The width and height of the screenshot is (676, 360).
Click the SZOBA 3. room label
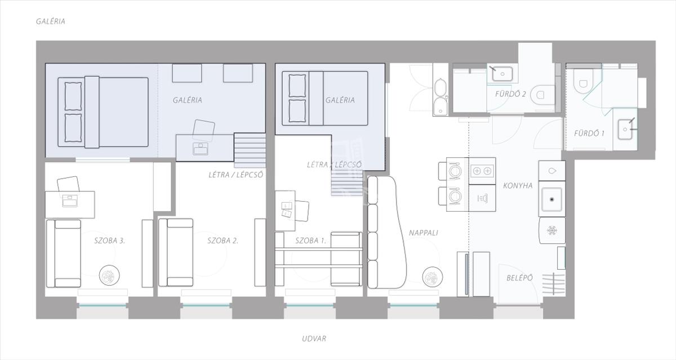109,241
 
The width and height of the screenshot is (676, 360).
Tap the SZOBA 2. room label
223,241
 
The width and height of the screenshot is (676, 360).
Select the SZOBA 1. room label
311,241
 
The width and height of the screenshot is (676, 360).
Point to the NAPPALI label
424,233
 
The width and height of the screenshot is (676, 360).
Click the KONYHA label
518,185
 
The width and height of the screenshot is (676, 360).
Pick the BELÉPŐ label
519,278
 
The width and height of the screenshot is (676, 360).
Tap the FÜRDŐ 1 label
589,134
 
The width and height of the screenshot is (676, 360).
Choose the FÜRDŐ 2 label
510,94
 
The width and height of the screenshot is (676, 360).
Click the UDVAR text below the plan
314,339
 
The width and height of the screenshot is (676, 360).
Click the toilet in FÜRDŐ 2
542,95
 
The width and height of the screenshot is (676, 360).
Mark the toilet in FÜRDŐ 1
582,82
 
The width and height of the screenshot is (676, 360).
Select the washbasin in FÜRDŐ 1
625,130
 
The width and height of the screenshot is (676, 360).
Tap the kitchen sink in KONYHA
552,199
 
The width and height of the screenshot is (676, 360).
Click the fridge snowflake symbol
552,231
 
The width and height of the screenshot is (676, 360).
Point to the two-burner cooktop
482,171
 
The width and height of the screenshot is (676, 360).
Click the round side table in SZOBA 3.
109,275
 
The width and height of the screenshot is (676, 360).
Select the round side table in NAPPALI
433,277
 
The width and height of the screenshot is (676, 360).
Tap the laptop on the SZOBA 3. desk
70,201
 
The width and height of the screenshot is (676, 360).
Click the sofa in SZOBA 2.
176,252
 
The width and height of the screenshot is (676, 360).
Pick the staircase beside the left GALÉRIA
250,150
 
